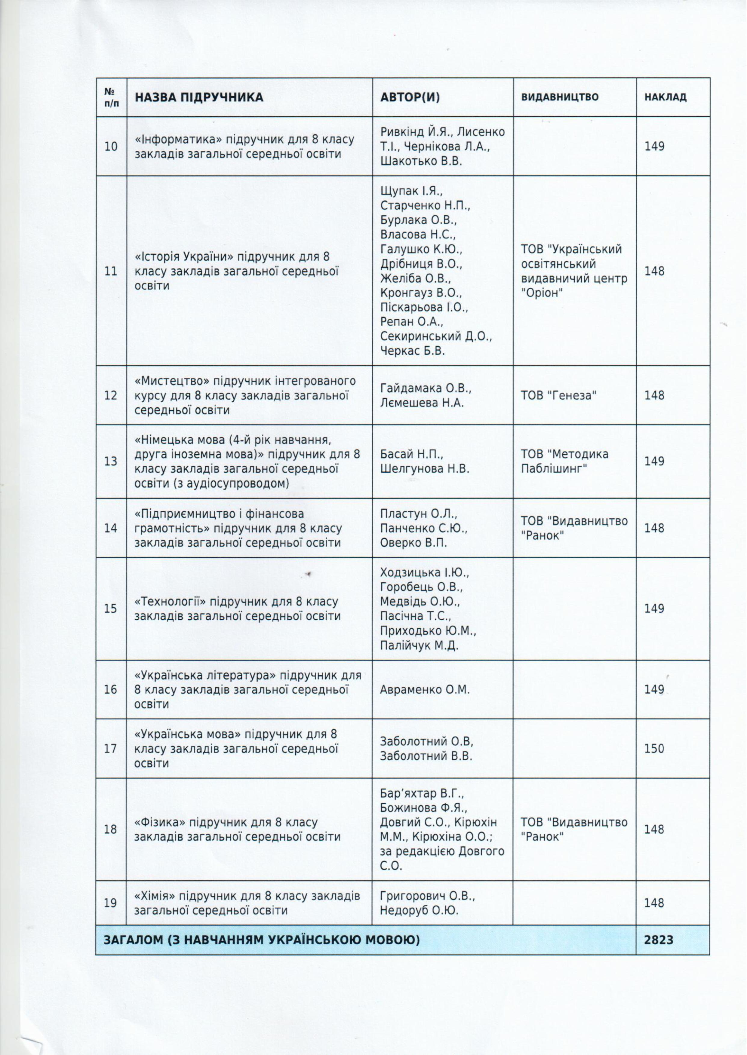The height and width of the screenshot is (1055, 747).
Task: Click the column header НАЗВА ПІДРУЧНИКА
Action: (x=199, y=97)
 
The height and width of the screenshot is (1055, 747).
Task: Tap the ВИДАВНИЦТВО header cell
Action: (x=559, y=97)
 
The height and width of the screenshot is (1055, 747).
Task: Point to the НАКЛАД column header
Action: (x=665, y=97)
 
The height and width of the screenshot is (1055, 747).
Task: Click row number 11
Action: (x=111, y=271)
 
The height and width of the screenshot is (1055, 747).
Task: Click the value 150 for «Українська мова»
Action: (x=654, y=748)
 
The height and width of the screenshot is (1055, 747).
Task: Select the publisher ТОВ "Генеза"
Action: (x=558, y=395)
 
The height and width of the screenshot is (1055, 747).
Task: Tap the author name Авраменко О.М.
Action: (x=425, y=689)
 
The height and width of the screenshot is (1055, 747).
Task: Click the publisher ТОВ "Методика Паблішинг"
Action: (x=564, y=461)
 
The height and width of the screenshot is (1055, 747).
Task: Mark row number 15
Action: (x=111, y=609)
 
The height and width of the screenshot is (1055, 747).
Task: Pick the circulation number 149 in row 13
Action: (x=654, y=461)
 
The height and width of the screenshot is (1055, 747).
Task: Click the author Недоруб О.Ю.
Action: (x=419, y=910)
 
